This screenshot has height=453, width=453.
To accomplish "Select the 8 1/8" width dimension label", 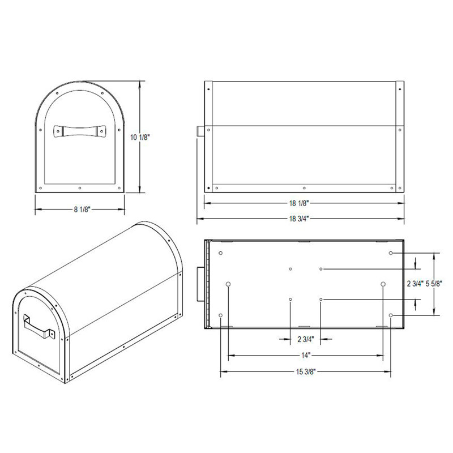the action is (x=82, y=209).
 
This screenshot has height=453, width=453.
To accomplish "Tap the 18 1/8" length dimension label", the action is (x=299, y=203).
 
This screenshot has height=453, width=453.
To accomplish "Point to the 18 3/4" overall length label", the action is (x=299, y=219).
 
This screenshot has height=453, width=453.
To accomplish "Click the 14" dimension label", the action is (x=305, y=356).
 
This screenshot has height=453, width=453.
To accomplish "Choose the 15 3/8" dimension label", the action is (x=305, y=371).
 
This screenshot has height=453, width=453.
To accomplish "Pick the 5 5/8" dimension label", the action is (x=434, y=284).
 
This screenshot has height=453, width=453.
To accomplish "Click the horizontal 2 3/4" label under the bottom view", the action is (x=305, y=339).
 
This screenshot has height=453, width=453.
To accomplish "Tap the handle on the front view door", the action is (x=79, y=131).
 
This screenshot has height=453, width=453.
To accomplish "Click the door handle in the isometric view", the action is (x=38, y=327).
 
